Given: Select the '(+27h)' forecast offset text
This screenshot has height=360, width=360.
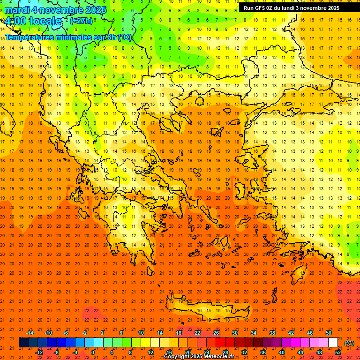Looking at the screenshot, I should (x=81, y=21).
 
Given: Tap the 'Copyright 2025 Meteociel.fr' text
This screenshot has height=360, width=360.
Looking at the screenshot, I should (x=199, y=357).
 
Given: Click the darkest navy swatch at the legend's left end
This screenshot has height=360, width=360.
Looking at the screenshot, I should (x=23, y=343).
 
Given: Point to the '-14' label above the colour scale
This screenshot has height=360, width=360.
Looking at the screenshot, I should (x=30, y=333).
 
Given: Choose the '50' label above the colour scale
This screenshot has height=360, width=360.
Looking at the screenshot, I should (x=329, y=333).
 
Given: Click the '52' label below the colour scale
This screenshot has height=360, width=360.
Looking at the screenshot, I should (x=338, y=352).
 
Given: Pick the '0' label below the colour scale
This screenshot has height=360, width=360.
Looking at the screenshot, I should (x=93, y=352).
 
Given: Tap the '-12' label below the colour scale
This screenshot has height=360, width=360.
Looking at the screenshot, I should (x=39, y=352).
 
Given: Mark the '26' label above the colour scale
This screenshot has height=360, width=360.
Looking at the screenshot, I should (x=216, y=333).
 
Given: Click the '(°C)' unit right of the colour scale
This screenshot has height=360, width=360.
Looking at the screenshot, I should (x=349, y=343).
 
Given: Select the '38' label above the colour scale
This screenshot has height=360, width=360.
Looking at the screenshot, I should (x=272, y=333).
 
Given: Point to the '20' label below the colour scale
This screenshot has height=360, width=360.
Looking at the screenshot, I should (x=187, y=352).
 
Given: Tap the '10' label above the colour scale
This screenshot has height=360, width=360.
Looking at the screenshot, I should (x=141, y=333).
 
